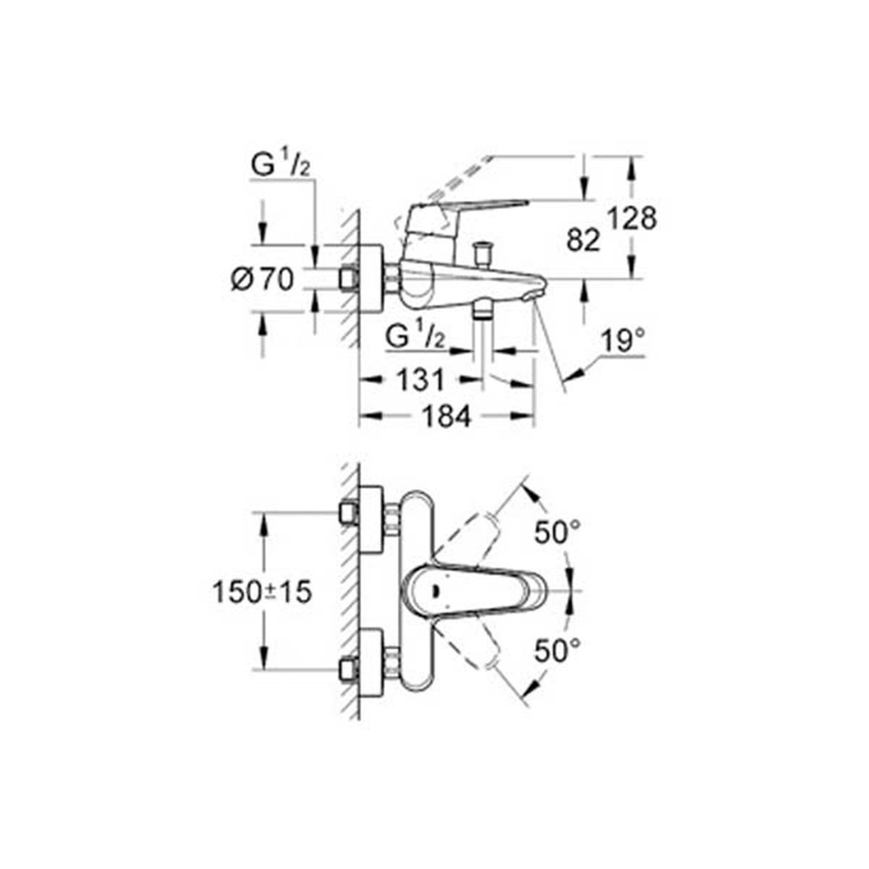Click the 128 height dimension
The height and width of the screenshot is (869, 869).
click(x=633, y=219)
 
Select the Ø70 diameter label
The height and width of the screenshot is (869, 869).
click(x=262, y=280)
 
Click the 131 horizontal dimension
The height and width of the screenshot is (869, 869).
click(x=420, y=379)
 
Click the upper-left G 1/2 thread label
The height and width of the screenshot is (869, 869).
click(x=280, y=167)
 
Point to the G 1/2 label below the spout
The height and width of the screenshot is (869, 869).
click(x=414, y=339)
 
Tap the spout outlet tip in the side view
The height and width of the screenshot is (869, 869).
click(x=535, y=296)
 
